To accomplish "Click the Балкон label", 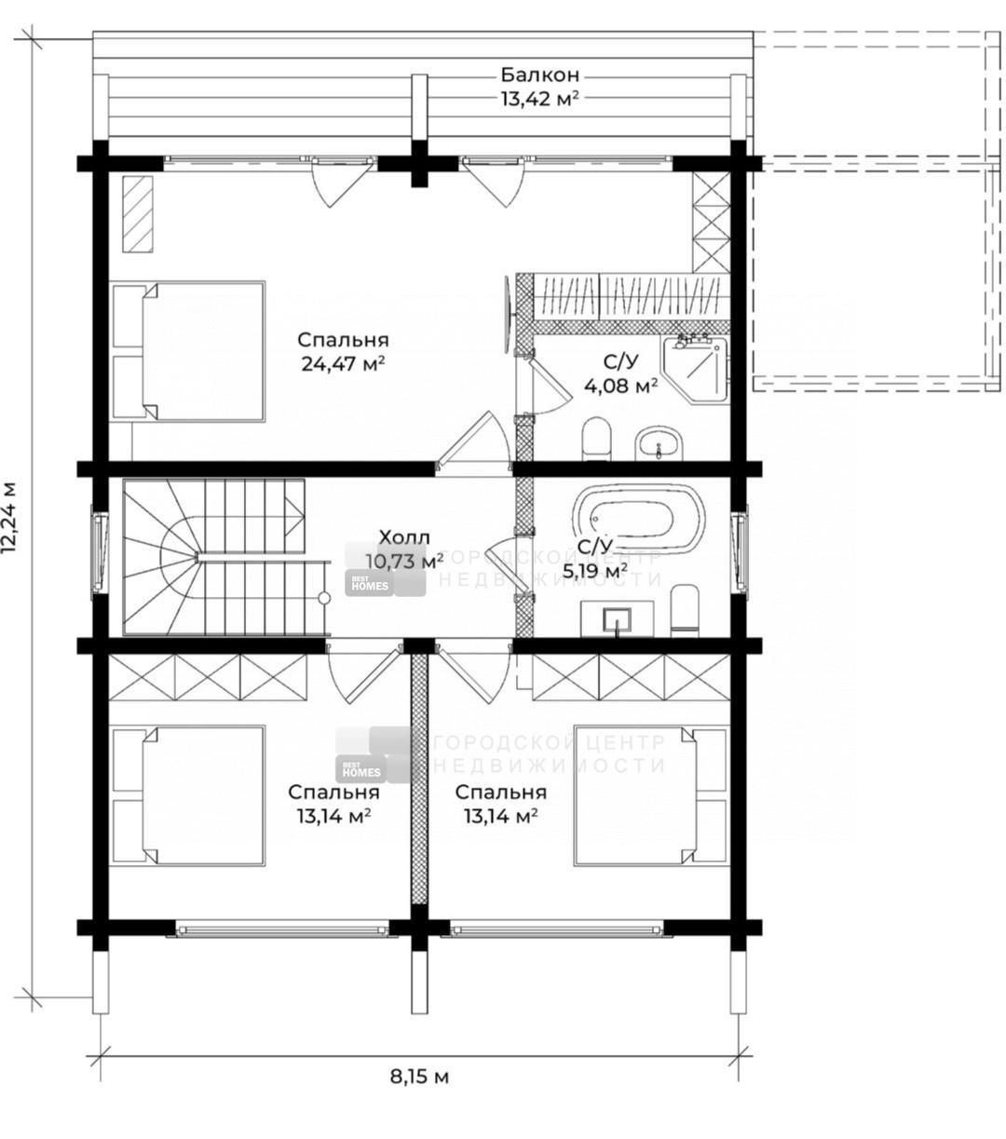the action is click(539, 75).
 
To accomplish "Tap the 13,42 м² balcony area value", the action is click(539, 99).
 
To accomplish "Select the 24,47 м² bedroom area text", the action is click(343, 364).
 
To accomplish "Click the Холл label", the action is click(403, 536).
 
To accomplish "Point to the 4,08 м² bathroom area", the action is click(620, 386).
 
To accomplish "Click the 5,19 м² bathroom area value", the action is click(595, 572).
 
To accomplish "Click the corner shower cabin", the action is click(696, 370).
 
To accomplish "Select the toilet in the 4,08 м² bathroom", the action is click(597, 439).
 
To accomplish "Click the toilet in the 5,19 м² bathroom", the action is click(685, 611).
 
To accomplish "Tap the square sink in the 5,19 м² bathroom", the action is click(617, 619).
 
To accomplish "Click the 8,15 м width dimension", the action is click(419, 1077).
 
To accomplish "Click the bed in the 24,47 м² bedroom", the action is click(188, 352).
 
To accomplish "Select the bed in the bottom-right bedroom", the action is click(651, 795).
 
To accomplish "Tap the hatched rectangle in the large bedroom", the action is click(138, 214).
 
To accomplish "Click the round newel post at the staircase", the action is click(324, 598).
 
